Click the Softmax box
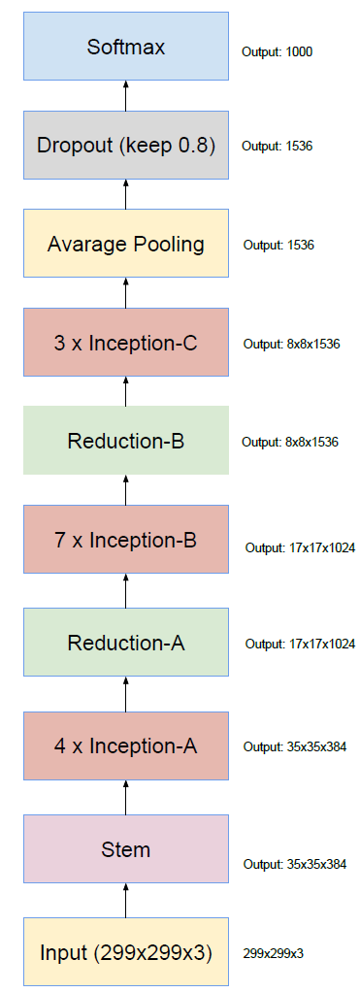[x=126, y=46]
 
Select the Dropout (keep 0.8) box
[x=126, y=146]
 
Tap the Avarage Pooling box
[x=126, y=244]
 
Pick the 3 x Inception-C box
[x=126, y=343]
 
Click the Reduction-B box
[x=126, y=441]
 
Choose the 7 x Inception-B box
[x=126, y=540]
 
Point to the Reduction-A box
[x=126, y=642]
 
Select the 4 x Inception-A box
[x=126, y=745]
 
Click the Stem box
[x=126, y=849]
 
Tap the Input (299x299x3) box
[x=126, y=951]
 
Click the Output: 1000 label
[x=278, y=50]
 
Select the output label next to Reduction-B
[x=290, y=442]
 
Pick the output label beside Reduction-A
[x=300, y=644]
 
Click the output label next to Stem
[x=295, y=864]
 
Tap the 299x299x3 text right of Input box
[x=274, y=953]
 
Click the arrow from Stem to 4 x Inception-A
[x=126, y=797]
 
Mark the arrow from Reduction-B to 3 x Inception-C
[x=126, y=391]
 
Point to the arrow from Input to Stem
[x=126, y=900]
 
